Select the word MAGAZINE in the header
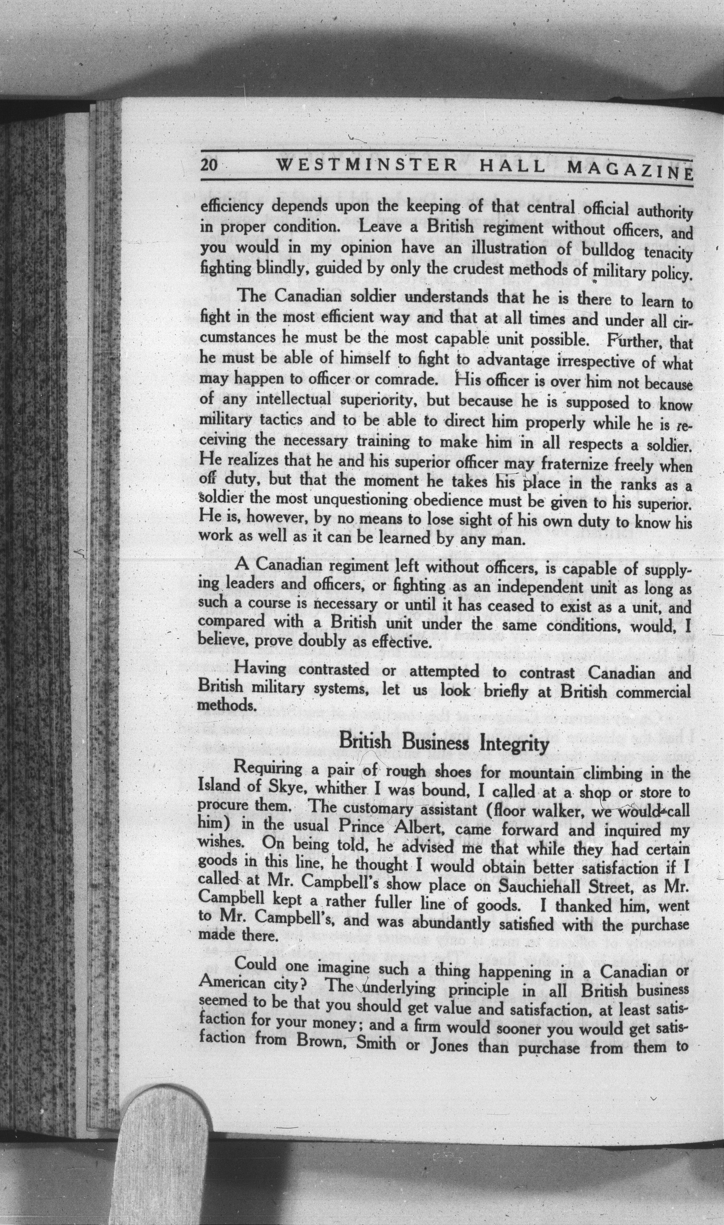(x=630, y=170)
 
